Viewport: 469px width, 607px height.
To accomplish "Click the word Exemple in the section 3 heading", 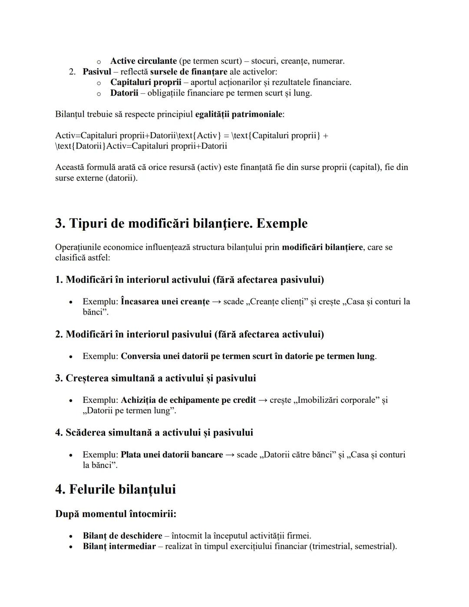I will pos(282,223).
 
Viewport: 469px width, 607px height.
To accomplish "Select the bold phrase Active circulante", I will pos(143,61).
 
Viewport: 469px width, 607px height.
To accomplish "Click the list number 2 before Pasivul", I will pos(72,72).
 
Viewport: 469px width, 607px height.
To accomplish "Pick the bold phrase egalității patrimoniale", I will pos(239,114).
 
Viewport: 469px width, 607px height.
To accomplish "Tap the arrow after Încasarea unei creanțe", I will pos(216,302).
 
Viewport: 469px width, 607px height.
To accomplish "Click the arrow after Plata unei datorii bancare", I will pos(230,454).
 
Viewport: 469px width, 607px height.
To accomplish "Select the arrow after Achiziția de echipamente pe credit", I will pos(263,400).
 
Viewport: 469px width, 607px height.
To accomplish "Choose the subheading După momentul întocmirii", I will pos(116,514).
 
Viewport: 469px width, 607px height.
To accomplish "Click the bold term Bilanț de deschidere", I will pos(122,536).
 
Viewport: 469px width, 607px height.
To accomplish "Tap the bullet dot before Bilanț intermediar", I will pos(70,547).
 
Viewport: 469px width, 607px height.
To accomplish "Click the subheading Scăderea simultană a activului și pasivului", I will pos(154,433).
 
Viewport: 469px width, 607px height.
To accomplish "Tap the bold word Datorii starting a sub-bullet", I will pos(124,93).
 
